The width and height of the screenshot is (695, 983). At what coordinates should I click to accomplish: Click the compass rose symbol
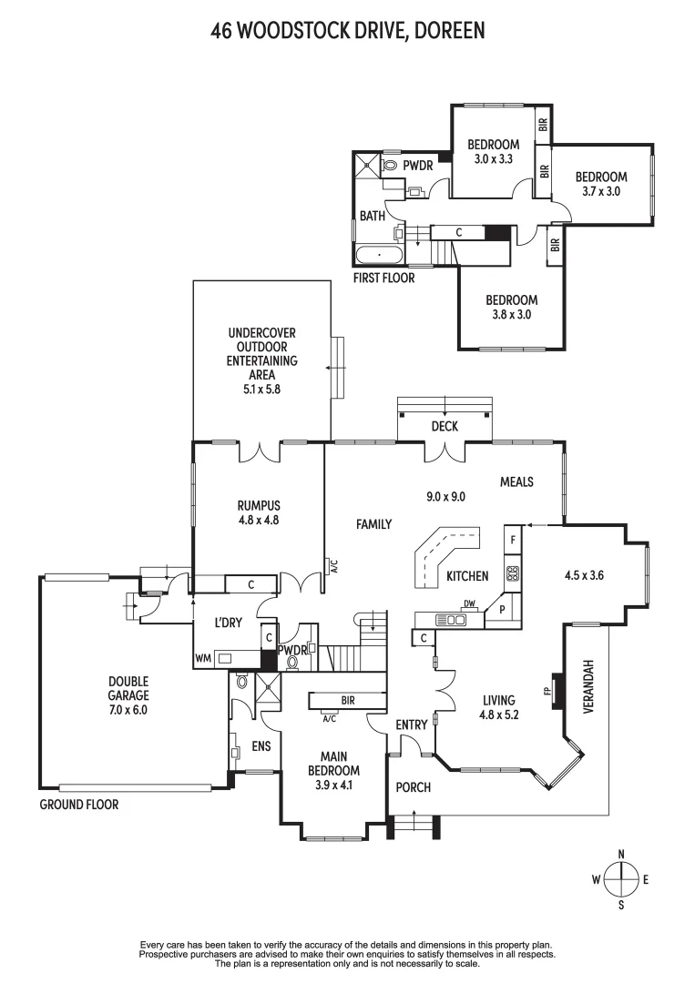[x=620, y=879]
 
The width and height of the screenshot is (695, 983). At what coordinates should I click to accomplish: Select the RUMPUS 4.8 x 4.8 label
[x=259, y=513]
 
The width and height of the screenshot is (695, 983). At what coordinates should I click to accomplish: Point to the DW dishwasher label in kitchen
[x=470, y=603]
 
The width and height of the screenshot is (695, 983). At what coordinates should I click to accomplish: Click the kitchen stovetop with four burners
[x=512, y=573]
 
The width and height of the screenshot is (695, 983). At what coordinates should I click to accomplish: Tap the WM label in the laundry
[x=202, y=656]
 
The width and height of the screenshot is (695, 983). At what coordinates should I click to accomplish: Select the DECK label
[x=445, y=426]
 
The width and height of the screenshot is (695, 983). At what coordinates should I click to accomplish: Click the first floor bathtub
[x=378, y=254]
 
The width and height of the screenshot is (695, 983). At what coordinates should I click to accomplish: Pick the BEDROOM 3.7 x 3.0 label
[x=601, y=184]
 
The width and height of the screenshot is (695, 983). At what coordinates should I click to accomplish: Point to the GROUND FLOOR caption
[x=79, y=805]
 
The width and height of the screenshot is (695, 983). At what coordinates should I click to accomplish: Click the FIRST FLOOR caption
[x=383, y=278]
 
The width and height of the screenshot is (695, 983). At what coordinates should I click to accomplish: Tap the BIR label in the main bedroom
[x=349, y=701]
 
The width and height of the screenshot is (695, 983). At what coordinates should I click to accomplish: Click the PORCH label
[x=413, y=786]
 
